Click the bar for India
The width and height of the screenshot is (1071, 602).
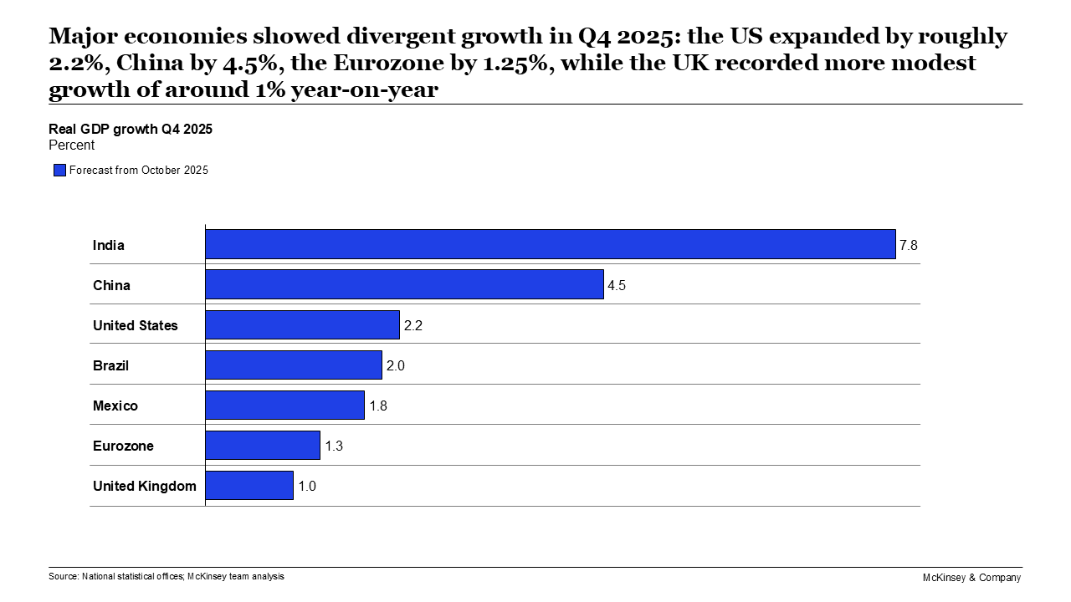(x=550, y=244)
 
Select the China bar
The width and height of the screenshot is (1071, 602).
(x=404, y=284)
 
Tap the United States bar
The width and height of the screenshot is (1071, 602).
(x=302, y=324)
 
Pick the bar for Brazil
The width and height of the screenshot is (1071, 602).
(x=293, y=365)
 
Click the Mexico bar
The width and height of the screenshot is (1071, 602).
(x=284, y=405)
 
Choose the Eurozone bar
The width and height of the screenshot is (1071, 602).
(x=262, y=445)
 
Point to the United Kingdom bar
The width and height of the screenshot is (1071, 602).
(x=249, y=485)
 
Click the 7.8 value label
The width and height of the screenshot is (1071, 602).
(x=909, y=245)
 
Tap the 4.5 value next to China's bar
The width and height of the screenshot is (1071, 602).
(x=617, y=285)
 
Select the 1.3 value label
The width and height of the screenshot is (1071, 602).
(x=334, y=446)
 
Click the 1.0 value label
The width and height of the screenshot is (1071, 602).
(x=307, y=486)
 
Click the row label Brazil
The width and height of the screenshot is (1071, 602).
(x=110, y=365)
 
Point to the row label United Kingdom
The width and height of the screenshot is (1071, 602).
(x=144, y=486)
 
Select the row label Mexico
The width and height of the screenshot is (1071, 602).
(x=115, y=406)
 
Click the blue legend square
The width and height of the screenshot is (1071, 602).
(x=59, y=171)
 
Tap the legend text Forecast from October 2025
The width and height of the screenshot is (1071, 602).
(x=139, y=171)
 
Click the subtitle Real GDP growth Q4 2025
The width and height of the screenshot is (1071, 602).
(x=131, y=129)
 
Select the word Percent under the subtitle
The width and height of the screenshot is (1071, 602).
(x=72, y=145)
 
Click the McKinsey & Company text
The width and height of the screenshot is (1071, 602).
(x=971, y=578)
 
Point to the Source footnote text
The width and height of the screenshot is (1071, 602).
(x=167, y=576)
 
